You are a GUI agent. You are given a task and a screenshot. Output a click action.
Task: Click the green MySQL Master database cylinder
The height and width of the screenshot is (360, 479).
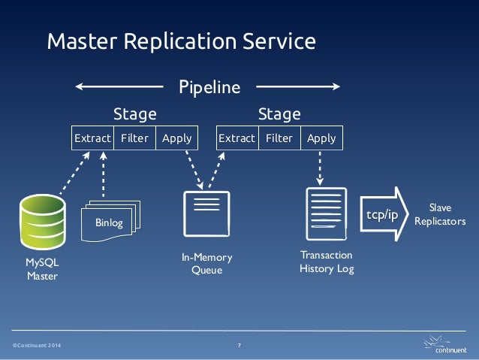[x=43, y=222]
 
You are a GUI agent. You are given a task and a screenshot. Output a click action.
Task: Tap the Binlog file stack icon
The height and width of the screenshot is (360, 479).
[x=110, y=221]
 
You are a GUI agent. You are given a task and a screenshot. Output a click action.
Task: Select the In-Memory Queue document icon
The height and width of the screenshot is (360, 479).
[x=206, y=214]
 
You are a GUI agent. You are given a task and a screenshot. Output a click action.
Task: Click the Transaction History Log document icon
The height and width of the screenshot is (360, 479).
[x=327, y=214]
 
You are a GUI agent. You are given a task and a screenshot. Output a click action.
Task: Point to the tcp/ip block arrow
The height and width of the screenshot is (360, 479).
[x=384, y=214]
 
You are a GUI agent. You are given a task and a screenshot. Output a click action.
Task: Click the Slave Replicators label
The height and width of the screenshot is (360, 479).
[x=440, y=214]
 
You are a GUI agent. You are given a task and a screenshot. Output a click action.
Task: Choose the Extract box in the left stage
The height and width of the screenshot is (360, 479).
[x=92, y=138]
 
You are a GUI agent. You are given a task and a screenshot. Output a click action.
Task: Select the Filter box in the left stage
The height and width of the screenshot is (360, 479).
[x=134, y=138]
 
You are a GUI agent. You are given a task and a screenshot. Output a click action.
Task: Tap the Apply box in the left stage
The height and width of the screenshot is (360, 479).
[x=177, y=138]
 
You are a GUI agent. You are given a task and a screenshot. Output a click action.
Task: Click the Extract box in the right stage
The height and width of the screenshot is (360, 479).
[x=237, y=138]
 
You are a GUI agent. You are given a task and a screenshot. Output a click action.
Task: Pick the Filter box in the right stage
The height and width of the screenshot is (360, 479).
[x=279, y=138]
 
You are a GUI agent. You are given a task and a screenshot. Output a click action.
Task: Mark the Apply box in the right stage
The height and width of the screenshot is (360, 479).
[x=321, y=138]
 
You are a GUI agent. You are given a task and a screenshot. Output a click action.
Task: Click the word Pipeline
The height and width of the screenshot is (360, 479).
[x=209, y=87]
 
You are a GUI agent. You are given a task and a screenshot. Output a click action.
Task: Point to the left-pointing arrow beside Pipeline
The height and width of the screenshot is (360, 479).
[x=119, y=86]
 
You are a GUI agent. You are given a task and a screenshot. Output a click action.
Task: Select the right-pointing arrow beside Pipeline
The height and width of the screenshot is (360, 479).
[x=298, y=86]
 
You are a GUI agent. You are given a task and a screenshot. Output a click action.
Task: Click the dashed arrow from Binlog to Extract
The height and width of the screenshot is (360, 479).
[x=104, y=174]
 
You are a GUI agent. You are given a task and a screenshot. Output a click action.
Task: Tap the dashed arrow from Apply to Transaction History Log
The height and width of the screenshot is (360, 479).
[x=320, y=168]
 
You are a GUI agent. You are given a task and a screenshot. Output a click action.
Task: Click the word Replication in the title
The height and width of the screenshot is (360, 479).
[x=180, y=41]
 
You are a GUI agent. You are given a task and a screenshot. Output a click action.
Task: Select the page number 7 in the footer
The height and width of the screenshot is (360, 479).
[x=239, y=345]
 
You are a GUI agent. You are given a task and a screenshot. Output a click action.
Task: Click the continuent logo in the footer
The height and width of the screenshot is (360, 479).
[x=445, y=345]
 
